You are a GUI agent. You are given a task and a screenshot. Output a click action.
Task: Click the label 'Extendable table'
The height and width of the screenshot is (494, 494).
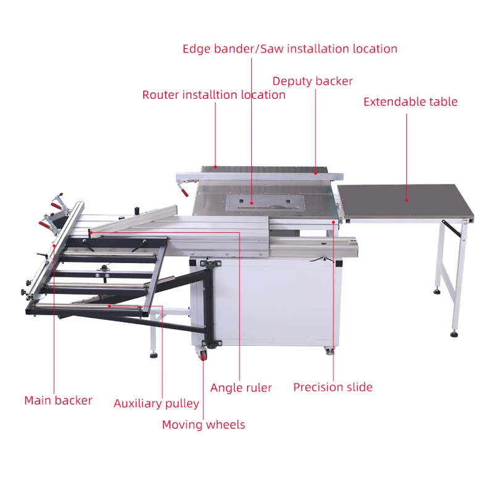(411, 102)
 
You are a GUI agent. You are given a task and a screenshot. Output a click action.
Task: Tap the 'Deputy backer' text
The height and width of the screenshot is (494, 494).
(312, 82)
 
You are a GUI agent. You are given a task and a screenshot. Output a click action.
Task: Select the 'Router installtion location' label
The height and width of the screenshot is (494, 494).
(214, 95)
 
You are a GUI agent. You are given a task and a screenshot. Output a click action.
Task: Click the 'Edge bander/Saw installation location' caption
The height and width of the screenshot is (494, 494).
(290, 49)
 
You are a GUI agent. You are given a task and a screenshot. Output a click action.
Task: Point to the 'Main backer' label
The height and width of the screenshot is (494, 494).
(58, 401)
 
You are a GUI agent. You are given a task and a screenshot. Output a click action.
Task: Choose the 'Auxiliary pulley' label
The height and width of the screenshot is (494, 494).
(156, 404)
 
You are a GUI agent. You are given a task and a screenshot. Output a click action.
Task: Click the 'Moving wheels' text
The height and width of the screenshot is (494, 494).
(203, 425)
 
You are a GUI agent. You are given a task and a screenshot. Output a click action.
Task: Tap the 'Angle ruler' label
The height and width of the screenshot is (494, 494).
(241, 388)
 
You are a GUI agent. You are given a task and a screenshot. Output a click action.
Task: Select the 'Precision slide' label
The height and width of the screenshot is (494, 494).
(333, 387)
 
